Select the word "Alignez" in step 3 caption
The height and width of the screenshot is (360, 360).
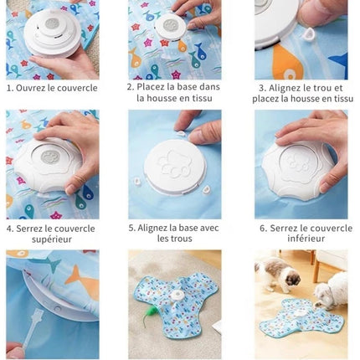[285, 89]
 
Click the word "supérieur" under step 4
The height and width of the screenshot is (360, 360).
[52, 239]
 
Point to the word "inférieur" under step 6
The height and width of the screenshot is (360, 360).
[306, 239]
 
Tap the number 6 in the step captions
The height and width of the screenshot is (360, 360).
[263, 229]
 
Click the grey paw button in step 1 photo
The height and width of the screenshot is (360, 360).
[52, 23]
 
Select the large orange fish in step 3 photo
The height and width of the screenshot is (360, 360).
[287, 63]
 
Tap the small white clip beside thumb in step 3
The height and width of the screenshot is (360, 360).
[309, 33]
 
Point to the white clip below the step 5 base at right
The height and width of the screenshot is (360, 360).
[207, 190]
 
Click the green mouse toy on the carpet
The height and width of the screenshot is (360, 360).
[149, 311]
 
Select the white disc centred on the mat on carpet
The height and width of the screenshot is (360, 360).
[176, 296]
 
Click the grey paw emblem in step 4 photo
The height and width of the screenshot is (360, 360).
[49, 157]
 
